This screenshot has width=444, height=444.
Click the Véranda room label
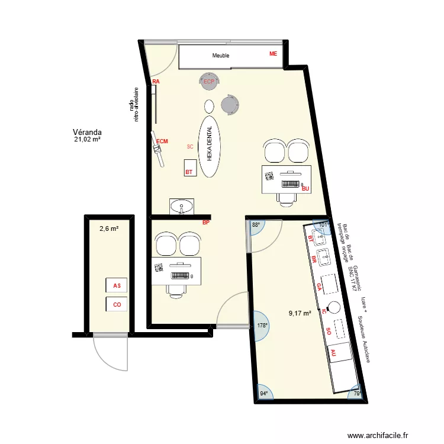(x=87, y=132)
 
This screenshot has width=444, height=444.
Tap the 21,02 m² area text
(x=87, y=140)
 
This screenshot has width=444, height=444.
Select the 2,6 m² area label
(x=109, y=228)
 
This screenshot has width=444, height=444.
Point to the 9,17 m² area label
(x=300, y=314)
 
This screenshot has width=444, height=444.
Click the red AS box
(x=117, y=285)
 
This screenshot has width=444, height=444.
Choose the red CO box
(x=117, y=305)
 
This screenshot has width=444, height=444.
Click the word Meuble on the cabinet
(x=221, y=56)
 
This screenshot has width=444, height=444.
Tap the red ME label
(x=273, y=54)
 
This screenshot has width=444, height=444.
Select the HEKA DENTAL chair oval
(x=209, y=146)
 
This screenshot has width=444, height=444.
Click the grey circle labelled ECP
(x=208, y=82)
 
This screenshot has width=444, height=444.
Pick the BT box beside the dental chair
(x=189, y=168)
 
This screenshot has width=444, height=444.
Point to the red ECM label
(x=162, y=141)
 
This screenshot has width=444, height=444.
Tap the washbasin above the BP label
(x=181, y=207)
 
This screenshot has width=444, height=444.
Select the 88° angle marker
(x=256, y=226)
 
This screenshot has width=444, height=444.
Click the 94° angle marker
(x=264, y=393)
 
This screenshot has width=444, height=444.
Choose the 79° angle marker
(x=356, y=394)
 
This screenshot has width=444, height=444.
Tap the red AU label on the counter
(x=333, y=352)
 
